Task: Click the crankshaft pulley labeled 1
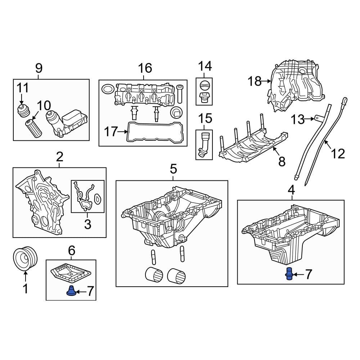pos(25,259)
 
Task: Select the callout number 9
pos(39,67)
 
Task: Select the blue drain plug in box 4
pos(289,274)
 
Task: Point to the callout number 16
pos(145,67)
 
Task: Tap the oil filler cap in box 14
pos(204,86)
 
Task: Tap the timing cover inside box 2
pos(41,202)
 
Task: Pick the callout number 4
pos(291,189)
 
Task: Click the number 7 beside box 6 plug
pos(90,291)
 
